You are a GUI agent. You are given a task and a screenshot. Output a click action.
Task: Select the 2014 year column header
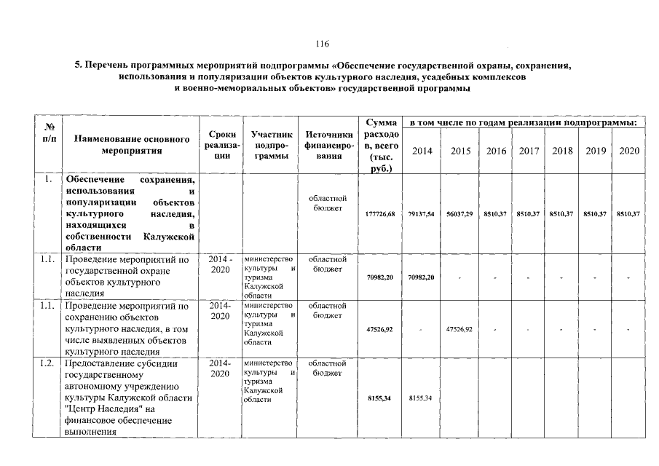pyautogui.click(x=421, y=151)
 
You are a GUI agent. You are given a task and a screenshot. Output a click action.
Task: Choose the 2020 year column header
pyautogui.click(x=628, y=151)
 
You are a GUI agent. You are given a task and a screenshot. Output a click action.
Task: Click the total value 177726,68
pyautogui.click(x=379, y=213)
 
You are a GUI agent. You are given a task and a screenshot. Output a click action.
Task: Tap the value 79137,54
pyautogui.click(x=421, y=213)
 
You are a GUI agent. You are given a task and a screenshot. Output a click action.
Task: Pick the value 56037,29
pyautogui.click(x=460, y=213)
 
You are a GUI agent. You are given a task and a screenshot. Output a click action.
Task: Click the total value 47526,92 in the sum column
pyautogui.click(x=379, y=330)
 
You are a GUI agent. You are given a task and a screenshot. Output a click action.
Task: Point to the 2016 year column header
pyautogui.click(x=497, y=151)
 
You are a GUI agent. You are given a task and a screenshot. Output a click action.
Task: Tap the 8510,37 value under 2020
pyautogui.click(x=628, y=213)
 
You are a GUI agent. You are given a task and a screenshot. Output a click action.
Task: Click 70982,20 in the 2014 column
pyautogui.click(x=421, y=277)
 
